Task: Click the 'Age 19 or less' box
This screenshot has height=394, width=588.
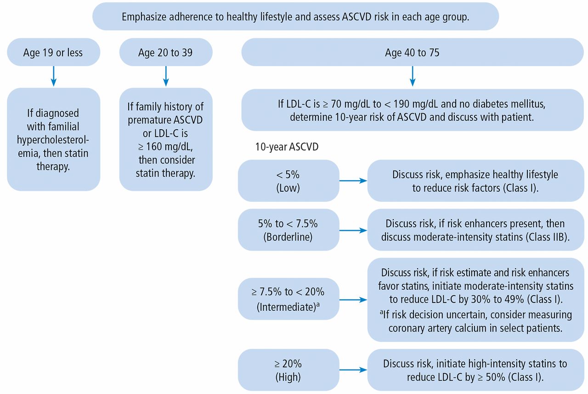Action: click(54, 52)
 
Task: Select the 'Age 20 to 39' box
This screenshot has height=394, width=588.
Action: click(166, 52)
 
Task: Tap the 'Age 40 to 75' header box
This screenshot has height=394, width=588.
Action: click(413, 52)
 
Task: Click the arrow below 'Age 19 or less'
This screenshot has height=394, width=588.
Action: click(54, 76)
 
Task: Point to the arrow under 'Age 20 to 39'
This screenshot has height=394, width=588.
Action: click(166, 76)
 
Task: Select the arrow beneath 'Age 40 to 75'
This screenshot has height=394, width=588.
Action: click(413, 76)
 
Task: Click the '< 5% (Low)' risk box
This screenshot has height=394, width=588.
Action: click(288, 181)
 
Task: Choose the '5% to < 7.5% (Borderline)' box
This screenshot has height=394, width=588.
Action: click(288, 230)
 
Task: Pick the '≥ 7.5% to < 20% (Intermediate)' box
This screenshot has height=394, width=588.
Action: click(288, 299)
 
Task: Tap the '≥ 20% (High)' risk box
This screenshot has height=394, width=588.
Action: click(288, 370)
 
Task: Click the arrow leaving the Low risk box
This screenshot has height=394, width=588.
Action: click(353, 181)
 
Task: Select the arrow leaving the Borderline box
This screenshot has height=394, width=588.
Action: click(353, 230)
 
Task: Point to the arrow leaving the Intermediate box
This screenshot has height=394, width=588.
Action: click(353, 300)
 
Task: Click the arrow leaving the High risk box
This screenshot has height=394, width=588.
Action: click(353, 370)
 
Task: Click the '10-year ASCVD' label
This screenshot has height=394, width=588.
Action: click(287, 147)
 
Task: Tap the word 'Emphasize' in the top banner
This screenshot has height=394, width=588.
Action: click(144, 17)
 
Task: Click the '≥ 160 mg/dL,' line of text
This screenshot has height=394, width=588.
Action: click(165, 147)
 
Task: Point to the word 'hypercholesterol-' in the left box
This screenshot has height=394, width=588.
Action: click(53, 140)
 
